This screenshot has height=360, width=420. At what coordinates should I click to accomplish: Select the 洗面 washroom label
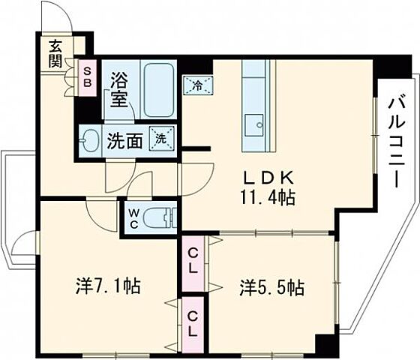click(x=124, y=141)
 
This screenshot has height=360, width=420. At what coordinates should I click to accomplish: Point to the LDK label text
click(x=262, y=178)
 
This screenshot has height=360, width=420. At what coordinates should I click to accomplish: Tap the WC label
click(x=132, y=218)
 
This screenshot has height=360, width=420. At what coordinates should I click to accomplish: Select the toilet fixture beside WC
click(x=160, y=218)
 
